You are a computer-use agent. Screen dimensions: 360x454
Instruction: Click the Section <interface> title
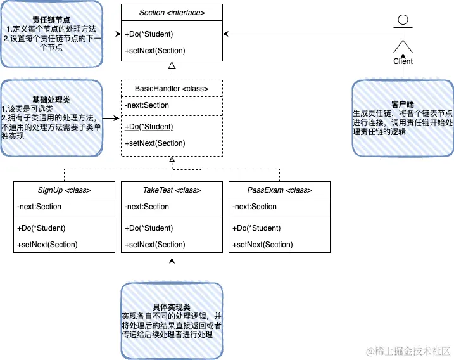(172, 11)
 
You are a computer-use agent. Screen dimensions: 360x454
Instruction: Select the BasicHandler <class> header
(172, 89)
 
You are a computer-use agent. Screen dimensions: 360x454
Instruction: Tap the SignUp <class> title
(64, 190)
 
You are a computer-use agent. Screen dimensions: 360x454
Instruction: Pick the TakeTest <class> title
(172, 190)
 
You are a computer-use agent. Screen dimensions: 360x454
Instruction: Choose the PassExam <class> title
(279, 190)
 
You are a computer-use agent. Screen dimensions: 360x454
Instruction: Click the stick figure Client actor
(403, 38)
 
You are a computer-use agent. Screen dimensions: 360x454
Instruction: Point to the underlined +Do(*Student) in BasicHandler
(149, 127)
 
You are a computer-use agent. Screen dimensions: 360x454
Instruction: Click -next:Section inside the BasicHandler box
(148, 105)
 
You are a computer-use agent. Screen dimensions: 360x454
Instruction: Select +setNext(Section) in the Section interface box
(155, 51)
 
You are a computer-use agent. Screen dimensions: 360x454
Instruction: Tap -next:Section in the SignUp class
(40, 207)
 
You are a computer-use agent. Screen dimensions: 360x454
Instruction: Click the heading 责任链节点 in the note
(51, 20)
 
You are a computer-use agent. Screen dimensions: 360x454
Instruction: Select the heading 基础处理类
(51, 100)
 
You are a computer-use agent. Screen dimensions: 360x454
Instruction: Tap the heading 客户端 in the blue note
(403, 103)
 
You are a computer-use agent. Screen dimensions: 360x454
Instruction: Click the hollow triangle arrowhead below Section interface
(172, 66)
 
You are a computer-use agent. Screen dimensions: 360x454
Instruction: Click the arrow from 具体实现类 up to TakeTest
(172, 266)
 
